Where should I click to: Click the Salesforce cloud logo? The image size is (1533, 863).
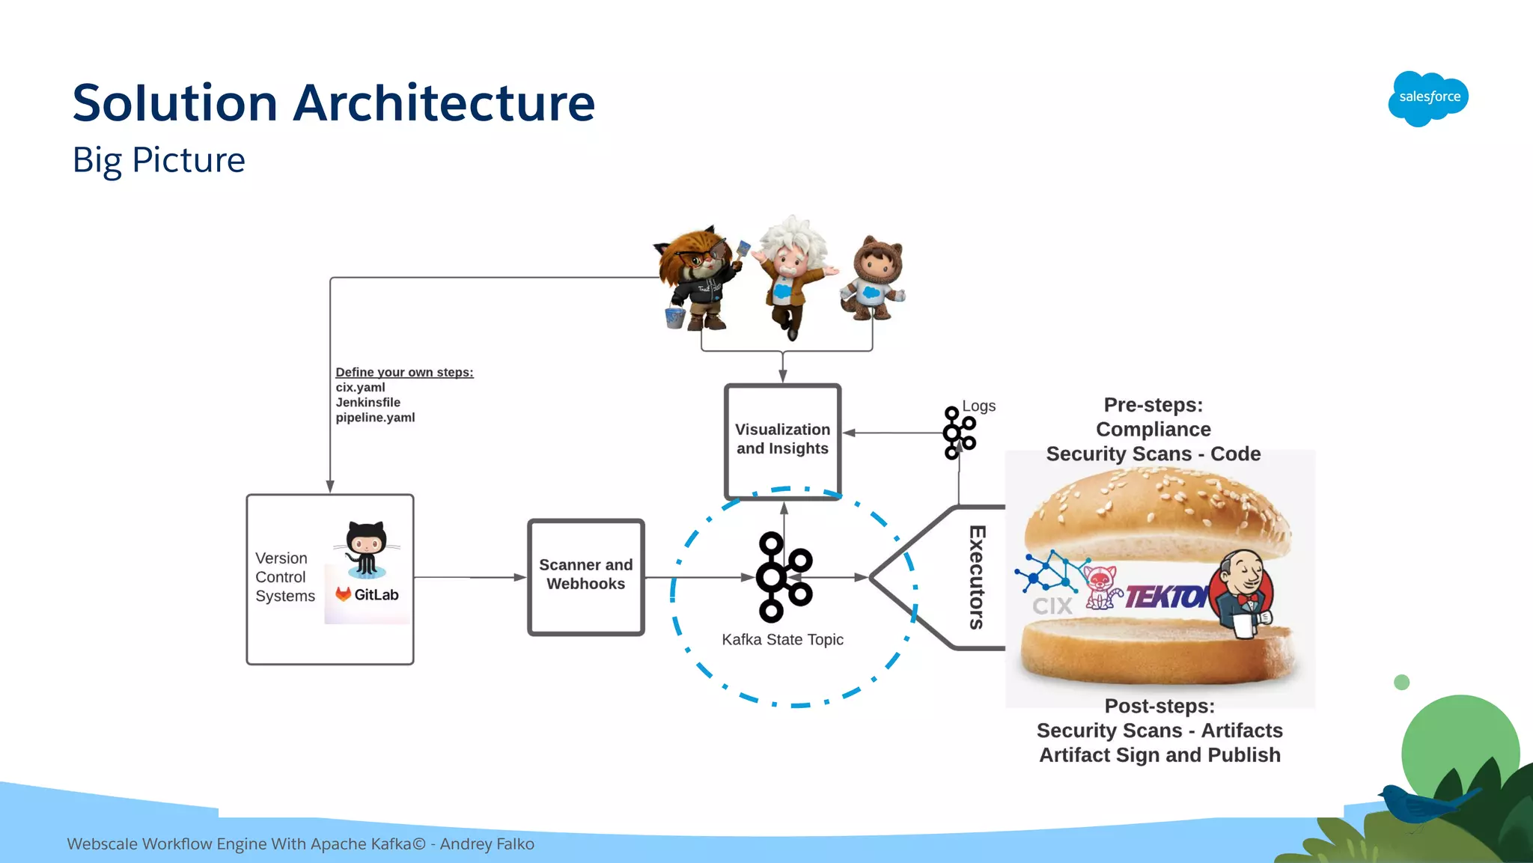click(1428, 98)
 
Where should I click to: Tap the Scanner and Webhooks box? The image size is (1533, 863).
click(585, 576)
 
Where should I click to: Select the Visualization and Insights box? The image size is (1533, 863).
click(782, 441)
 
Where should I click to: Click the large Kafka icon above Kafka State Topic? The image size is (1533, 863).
click(783, 577)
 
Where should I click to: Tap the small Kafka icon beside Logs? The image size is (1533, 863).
click(958, 433)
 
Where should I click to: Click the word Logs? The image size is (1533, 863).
click(978, 406)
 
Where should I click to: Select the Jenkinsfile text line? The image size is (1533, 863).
click(368, 403)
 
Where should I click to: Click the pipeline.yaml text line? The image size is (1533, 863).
click(375, 418)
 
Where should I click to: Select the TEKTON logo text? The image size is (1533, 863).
click(1164, 597)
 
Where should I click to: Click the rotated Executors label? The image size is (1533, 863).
click(977, 577)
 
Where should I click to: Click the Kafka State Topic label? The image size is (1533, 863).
click(782, 640)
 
